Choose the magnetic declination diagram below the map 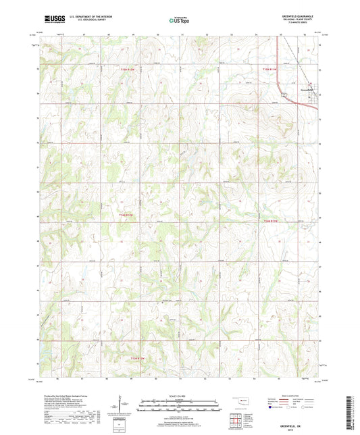click(122, 407)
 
